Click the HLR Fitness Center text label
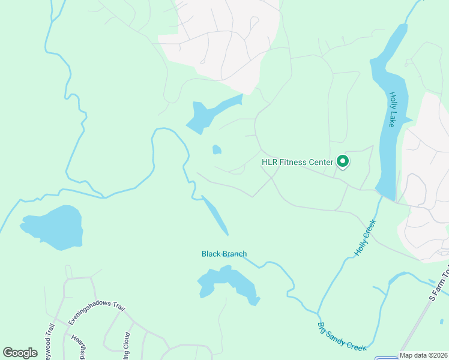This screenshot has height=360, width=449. [297, 162]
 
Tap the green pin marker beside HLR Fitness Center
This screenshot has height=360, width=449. [343, 161]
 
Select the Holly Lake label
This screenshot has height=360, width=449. [393, 109]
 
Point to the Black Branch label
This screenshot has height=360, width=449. [224, 254]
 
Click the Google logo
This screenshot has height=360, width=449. [20, 352]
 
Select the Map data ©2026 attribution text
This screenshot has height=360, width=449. [423, 355]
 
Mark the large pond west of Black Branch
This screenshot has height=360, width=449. [53, 227]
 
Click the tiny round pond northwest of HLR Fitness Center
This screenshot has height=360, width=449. [217, 149]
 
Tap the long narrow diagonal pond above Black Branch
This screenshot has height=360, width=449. [214, 215]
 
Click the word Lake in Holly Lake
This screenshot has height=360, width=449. [392, 118]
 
